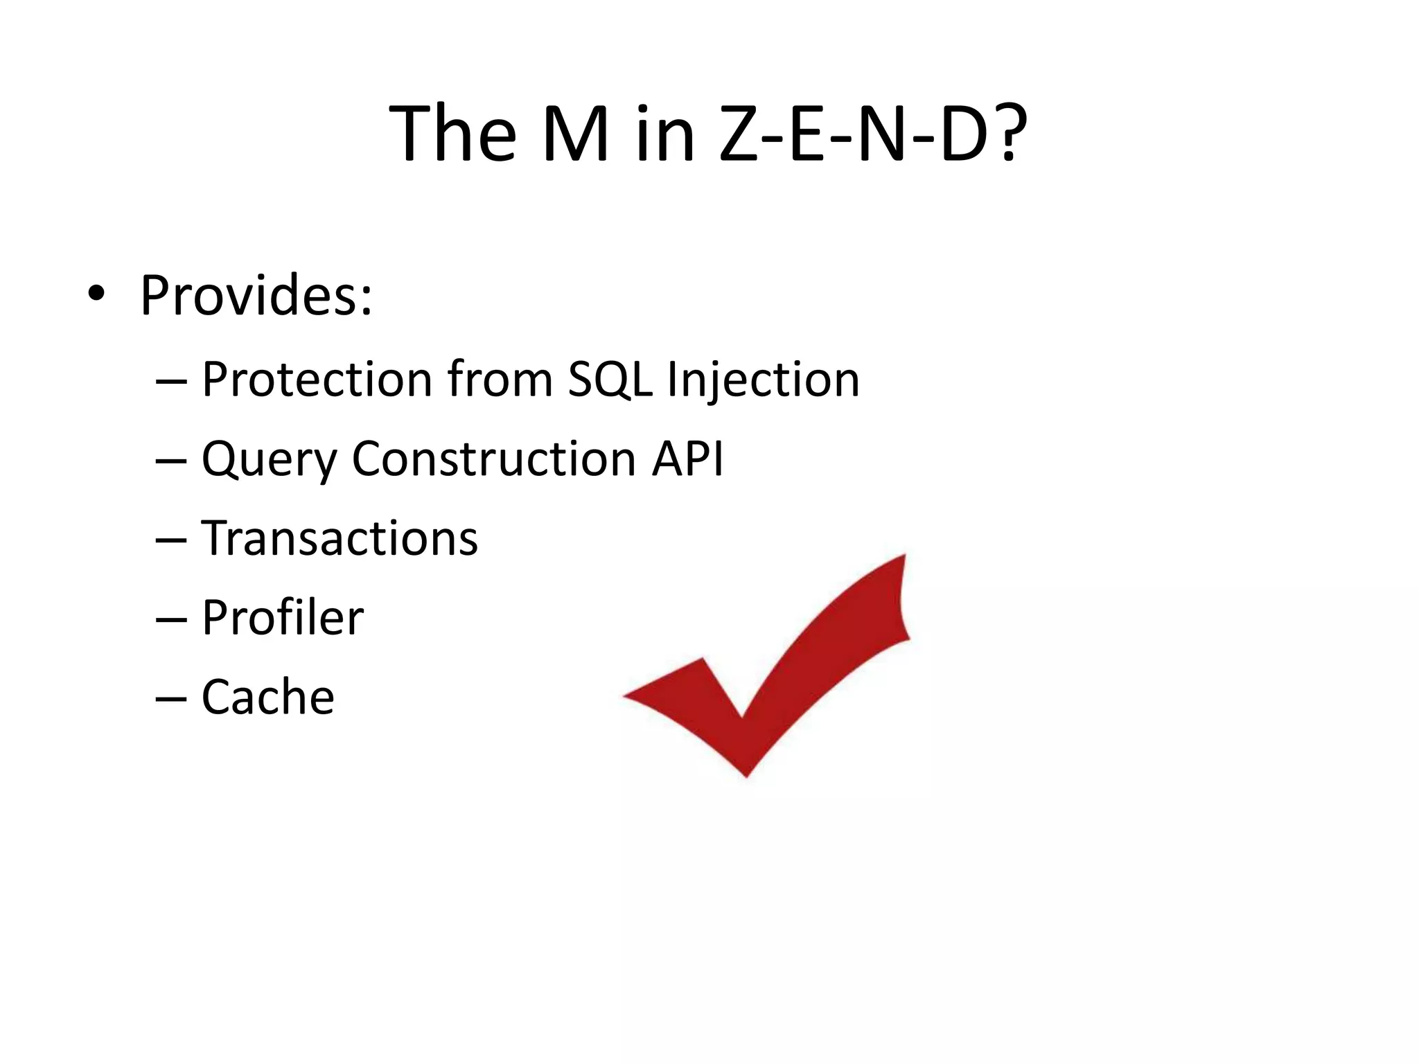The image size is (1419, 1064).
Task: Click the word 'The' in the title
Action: [x=453, y=133]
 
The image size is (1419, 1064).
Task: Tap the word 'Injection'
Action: [x=763, y=381]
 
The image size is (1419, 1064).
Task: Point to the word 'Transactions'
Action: [x=340, y=538]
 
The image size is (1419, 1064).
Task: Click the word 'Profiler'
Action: [x=282, y=617]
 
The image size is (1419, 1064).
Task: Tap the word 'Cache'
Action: [x=267, y=697]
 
